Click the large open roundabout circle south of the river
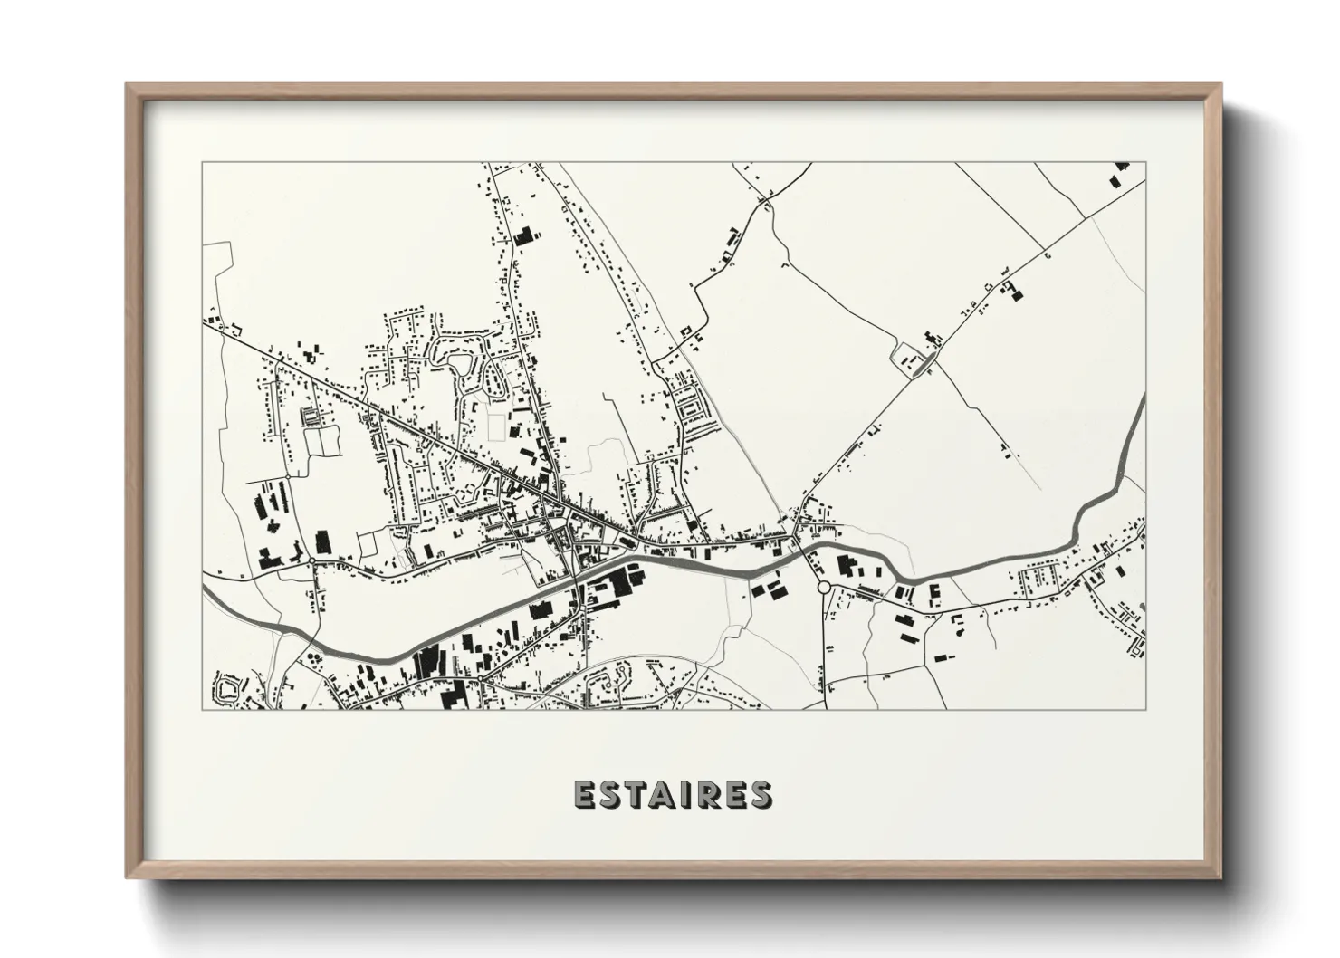[x=823, y=588]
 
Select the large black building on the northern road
[x=522, y=235]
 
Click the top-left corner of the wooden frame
[x=128, y=85]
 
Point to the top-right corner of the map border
[x=1145, y=162]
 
